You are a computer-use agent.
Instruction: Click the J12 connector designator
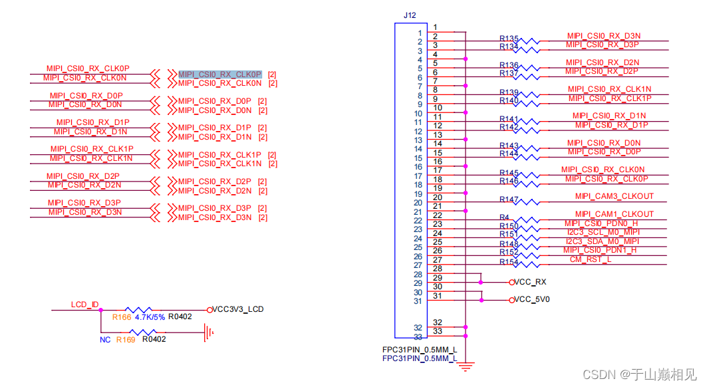[x=410, y=15]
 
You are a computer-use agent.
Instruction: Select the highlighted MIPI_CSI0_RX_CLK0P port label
[x=220, y=74]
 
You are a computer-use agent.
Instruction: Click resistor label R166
[x=121, y=317]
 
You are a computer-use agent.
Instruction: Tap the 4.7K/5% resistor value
[x=150, y=317]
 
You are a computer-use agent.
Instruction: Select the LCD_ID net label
[x=84, y=305]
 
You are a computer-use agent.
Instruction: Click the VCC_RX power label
[x=531, y=282]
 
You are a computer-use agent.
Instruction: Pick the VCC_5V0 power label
[x=532, y=300]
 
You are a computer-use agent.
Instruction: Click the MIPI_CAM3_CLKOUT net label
[x=614, y=196]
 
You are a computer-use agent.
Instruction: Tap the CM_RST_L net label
[x=590, y=259]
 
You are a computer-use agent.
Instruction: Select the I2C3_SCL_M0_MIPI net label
[x=603, y=232]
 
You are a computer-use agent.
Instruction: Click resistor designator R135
[x=509, y=39]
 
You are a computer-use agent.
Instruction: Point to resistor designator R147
[x=509, y=199]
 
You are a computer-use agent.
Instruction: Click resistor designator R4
[x=504, y=217]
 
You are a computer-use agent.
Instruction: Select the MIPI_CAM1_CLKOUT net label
[x=614, y=214]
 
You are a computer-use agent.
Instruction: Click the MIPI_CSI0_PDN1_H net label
[x=600, y=250]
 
